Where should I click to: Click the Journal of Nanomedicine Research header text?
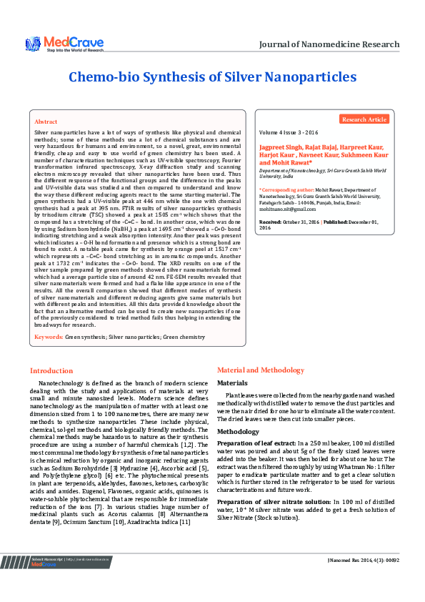[x=329, y=44]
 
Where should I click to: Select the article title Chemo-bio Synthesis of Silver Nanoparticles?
[x=212, y=77]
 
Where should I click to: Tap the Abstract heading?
[x=46, y=122]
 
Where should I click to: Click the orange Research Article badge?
[x=364, y=119]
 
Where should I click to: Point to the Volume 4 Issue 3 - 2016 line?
[x=289, y=133]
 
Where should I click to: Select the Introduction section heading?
[x=51, y=370]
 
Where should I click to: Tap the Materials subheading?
[x=232, y=383]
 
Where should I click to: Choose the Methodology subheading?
[x=238, y=433]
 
